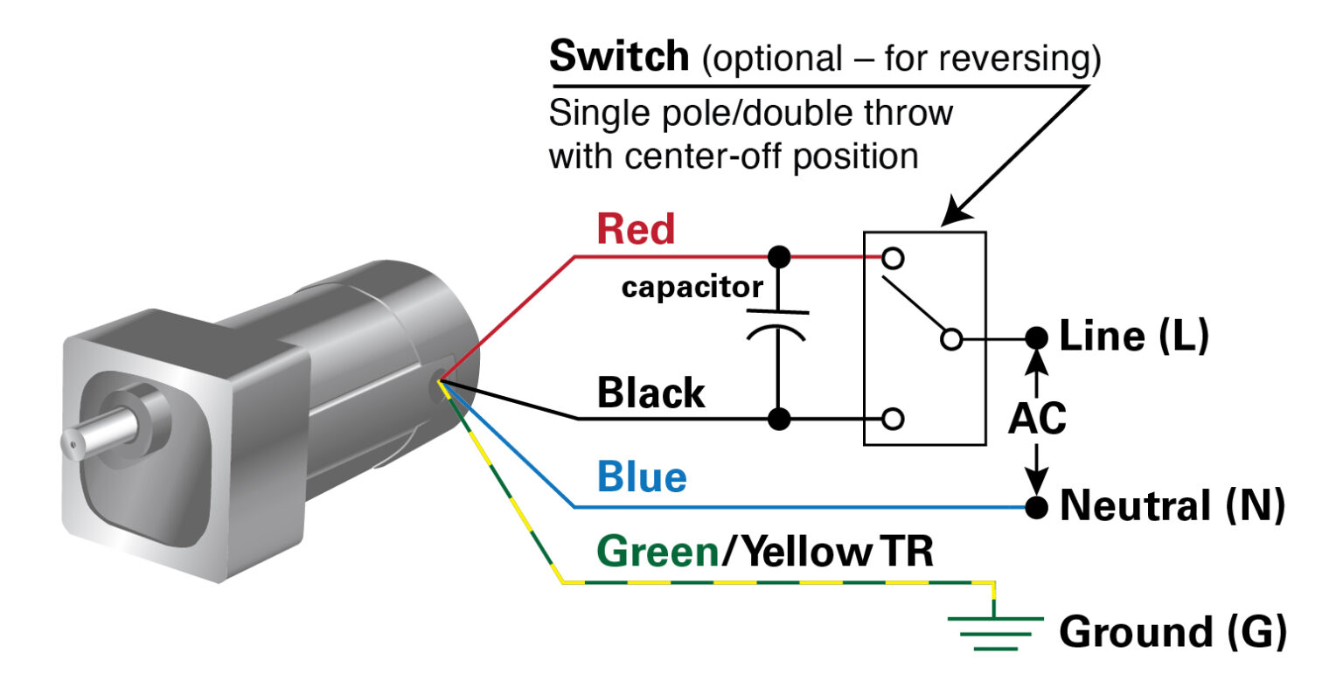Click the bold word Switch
(x=618, y=57)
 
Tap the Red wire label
(x=636, y=229)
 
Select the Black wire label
(x=651, y=393)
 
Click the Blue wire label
(x=642, y=477)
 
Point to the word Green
(x=658, y=553)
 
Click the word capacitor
(x=692, y=287)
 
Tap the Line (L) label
(x=1133, y=337)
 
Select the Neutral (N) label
(x=1172, y=506)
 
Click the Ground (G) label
(x=1173, y=632)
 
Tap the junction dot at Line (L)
(x=1036, y=337)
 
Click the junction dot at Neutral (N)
(x=1036, y=507)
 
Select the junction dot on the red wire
(x=778, y=257)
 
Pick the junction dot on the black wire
(x=778, y=419)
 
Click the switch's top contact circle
(x=893, y=259)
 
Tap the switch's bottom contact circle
(x=893, y=419)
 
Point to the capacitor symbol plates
(x=777, y=323)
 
